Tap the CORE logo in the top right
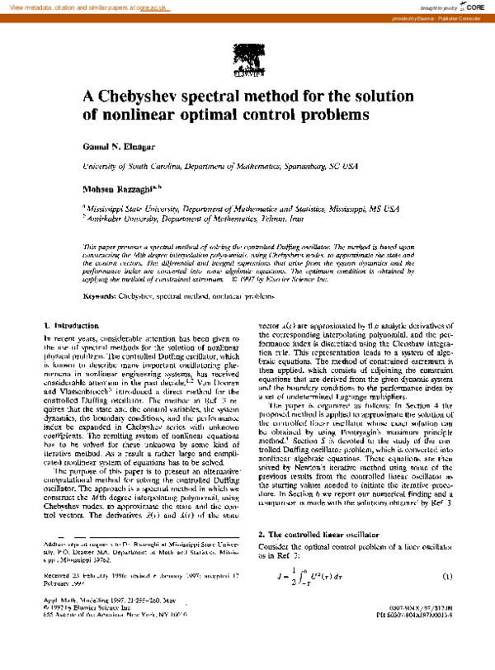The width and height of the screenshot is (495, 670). [x=472, y=7]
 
